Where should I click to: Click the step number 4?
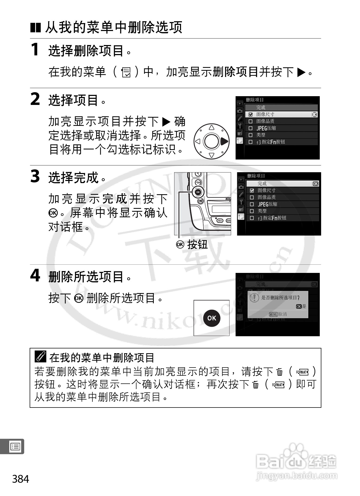[35, 276]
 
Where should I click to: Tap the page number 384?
[21, 479]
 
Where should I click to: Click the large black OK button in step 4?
[211, 318]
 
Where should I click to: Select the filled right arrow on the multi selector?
[224, 141]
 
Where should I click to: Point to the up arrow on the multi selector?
[211, 127]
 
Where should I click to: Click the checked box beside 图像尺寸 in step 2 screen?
[250, 114]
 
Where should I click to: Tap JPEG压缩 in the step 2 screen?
[266, 128]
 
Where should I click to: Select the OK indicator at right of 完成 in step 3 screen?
[315, 184]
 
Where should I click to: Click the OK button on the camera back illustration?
[198, 192]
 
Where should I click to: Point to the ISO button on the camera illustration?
[220, 220]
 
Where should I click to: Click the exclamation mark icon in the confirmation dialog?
[254, 298]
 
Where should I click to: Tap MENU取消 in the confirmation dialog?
[278, 314]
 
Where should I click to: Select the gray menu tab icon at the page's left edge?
[15, 447]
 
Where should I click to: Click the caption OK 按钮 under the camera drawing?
[192, 244]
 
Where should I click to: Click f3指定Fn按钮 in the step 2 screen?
[271, 142]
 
